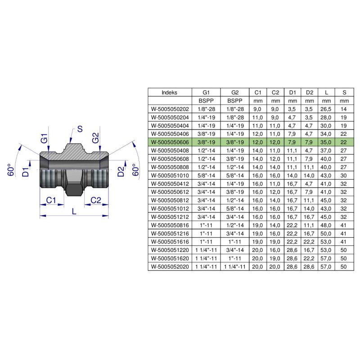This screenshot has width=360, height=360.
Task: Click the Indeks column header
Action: click(x=170, y=92)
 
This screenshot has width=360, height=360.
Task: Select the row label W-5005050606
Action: click(x=170, y=142)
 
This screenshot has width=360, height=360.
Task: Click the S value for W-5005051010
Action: click(x=344, y=175)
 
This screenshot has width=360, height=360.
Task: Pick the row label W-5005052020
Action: click(x=170, y=267)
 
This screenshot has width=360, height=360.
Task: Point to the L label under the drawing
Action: click(x=74, y=209)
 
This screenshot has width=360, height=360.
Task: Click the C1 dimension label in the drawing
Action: click(x=51, y=199)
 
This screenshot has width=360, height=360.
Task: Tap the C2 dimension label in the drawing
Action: click(x=96, y=199)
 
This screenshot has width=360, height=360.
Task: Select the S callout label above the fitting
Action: click(x=80, y=129)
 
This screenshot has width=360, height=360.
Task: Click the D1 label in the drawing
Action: click(x=26, y=171)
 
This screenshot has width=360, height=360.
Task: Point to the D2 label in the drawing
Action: click(x=120, y=171)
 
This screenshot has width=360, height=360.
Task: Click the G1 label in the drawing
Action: click(x=44, y=138)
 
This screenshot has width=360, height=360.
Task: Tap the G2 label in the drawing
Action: click(x=95, y=138)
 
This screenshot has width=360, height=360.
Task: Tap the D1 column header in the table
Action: click(x=292, y=92)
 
